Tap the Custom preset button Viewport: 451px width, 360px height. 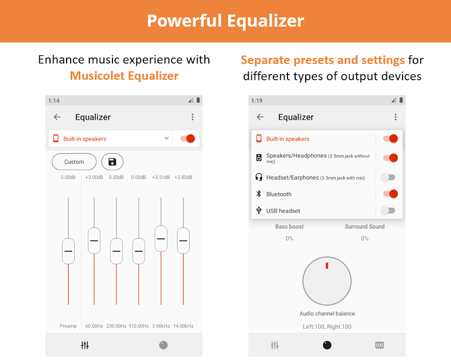[x=74, y=162]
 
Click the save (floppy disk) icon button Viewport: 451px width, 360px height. [x=112, y=162]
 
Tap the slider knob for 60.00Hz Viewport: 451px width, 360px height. [x=94, y=241]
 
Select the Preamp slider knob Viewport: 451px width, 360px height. [x=68, y=251]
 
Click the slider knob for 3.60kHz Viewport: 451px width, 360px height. [x=161, y=238]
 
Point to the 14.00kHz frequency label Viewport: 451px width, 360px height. [x=183, y=326]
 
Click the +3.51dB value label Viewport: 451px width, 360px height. [x=161, y=177]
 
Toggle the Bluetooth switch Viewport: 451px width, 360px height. [x=390, y=194]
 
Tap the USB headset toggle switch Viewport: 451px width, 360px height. [x=388, y=210]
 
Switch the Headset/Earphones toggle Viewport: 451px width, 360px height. [x=388, y=177]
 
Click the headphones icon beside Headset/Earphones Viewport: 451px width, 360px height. [x=259, y=177]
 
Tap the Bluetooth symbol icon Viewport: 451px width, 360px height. [x=259, y=194]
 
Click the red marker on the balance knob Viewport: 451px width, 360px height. [x=327, y=266]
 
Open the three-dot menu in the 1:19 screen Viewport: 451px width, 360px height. [x=396, y=117]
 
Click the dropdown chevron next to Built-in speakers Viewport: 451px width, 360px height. [x=166, y=138]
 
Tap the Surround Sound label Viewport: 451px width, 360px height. [x=364, y=226]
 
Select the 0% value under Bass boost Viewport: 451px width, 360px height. [x=290, y=238]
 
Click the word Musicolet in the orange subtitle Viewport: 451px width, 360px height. [x=97, y=76]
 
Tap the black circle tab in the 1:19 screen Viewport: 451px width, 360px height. [x=327, y=345]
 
